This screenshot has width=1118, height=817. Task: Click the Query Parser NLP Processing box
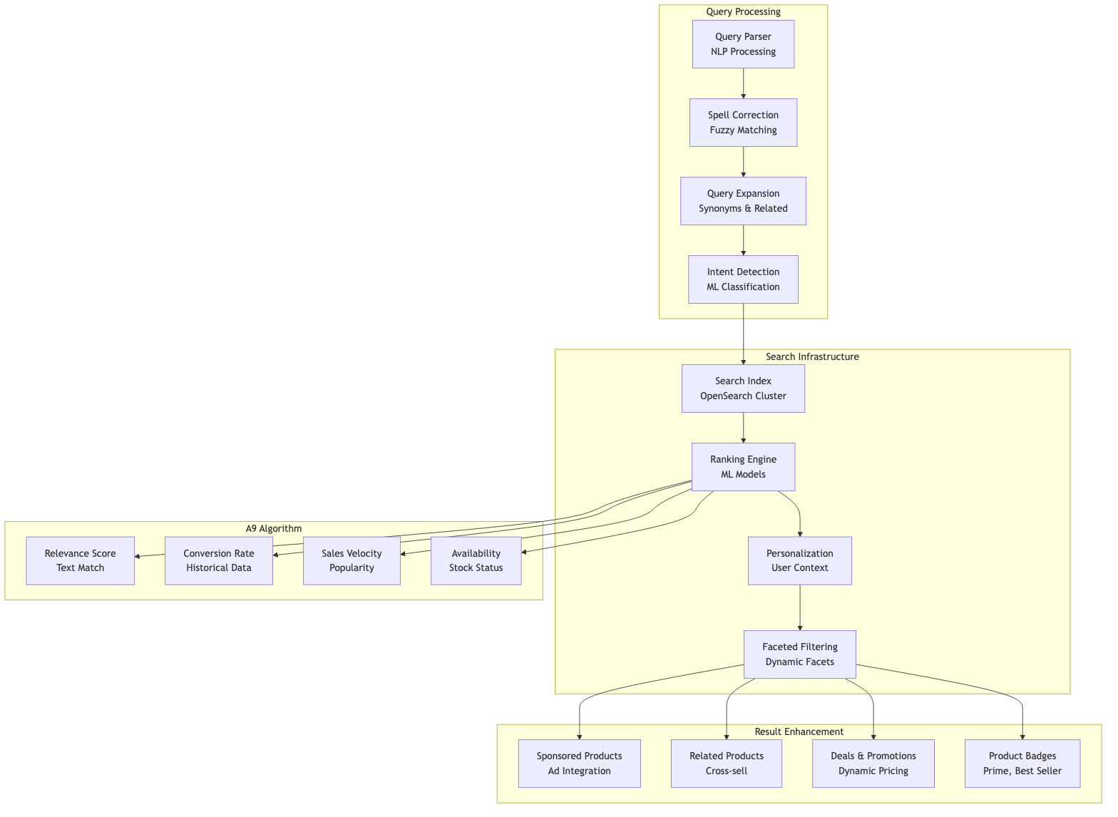(x=743, y=44)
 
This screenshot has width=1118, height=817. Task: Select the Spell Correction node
(x=743, y=123)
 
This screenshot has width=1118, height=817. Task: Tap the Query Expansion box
(x=743, y=201)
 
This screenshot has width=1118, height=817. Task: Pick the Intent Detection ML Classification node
(x=743, y=279)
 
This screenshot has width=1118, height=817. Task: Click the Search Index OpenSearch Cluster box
(x=743, y=389)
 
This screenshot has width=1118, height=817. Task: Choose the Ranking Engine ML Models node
(x=743, y=467)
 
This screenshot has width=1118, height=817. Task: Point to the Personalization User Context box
(x=799, y=560)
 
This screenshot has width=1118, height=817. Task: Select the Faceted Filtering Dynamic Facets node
(x=799, y=654)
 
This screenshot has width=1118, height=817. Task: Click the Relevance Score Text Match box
(x=80, y=560)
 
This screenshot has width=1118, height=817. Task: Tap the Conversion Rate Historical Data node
(x=218, y=560)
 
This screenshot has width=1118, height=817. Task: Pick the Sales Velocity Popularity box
(x=352, y=560)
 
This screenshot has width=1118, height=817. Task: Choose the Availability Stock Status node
(x=476, y=560)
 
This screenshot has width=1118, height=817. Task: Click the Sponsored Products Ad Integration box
(x=579, y=764)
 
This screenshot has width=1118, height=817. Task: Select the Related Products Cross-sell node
(x=726, y=764)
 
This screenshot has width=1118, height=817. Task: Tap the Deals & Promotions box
(x=873, y=764)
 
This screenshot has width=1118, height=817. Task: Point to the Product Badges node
(x=1022, y=764)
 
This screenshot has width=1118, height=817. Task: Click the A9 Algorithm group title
(x=273, y=529)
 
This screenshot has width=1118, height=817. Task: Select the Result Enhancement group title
(x=799, y=732)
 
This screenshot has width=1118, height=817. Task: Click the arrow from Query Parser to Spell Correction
(x=743, y=83)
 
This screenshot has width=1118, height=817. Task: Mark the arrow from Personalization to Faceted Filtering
(x=799, y=607)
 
